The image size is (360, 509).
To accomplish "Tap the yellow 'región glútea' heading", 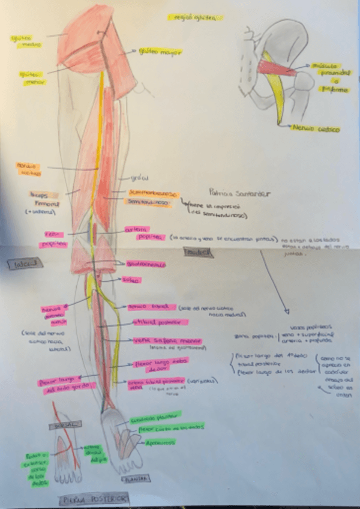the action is (x=187, y=19).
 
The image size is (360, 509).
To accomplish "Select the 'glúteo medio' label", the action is (x=21, y=41).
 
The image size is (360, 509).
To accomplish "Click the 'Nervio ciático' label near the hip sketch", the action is (x=316, y=129).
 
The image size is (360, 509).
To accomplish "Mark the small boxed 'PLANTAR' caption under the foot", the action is (x=138, y=478).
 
